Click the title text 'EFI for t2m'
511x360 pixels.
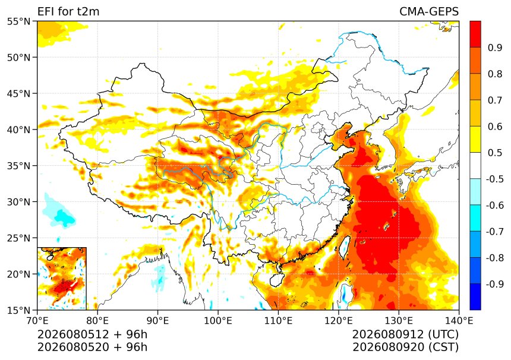68,11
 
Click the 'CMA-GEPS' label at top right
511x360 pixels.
429,11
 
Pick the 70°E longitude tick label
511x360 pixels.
37,321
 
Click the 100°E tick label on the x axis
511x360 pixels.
218,321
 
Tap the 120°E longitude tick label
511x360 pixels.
338,321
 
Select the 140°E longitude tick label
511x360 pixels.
459,321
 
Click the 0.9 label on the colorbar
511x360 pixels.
495,48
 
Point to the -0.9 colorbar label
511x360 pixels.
495,284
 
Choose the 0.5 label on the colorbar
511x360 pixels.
495,153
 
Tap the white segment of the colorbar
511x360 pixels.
475,166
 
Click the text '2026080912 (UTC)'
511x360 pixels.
405,334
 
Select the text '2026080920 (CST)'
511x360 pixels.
405,347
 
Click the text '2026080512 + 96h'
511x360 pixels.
92,334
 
